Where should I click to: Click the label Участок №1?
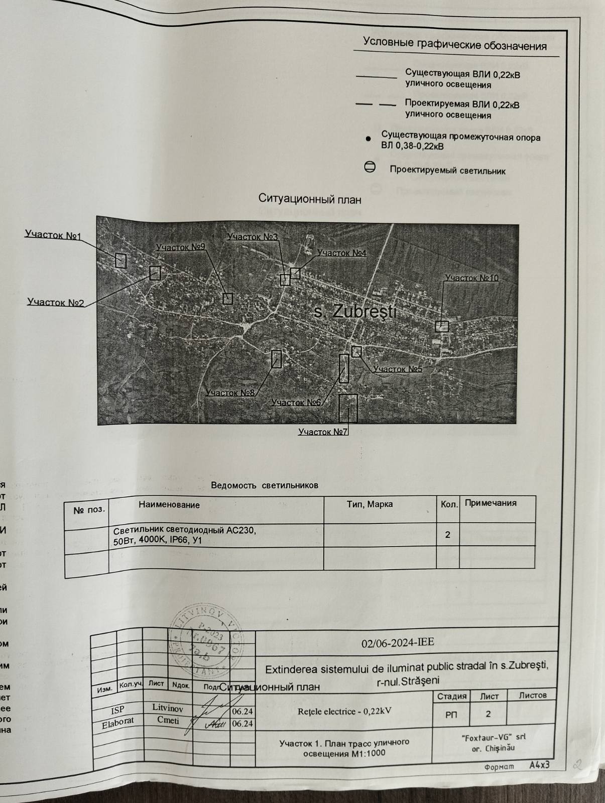tap(53, 235)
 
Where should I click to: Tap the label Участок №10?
tap(471, 278)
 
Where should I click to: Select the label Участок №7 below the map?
tap(323, 432)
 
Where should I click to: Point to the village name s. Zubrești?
tap(355, 312)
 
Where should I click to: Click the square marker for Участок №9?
tap(227, 299)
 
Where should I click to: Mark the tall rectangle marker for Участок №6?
tap(344, 368)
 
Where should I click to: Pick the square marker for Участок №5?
tap(356, 352)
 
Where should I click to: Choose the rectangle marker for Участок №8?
tap(276, 359)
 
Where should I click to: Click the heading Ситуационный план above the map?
tap(310, 199)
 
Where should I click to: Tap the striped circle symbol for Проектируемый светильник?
tap(370, 167)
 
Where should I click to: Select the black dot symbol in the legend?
tap(368, 139)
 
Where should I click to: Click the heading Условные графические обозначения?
tap(454, 45)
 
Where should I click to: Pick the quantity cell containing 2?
tap(447, 535)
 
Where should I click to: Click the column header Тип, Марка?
tap(370, 504)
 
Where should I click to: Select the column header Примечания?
tap(491, 503)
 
